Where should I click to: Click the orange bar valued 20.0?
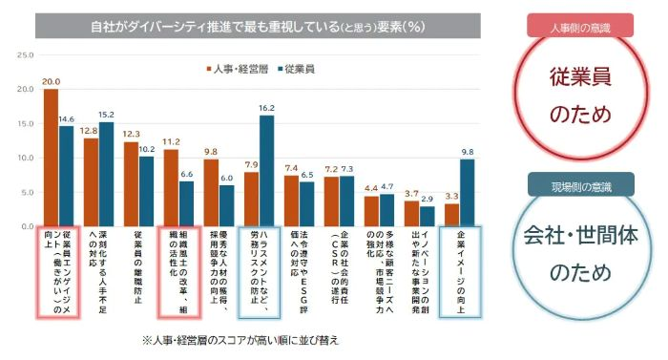click(51, 159)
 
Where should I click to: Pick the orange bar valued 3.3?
click(451, 216)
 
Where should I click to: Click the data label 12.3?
click(132, 134)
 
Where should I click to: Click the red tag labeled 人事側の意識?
click(579, 26)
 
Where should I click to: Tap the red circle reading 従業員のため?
click(580, 95)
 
